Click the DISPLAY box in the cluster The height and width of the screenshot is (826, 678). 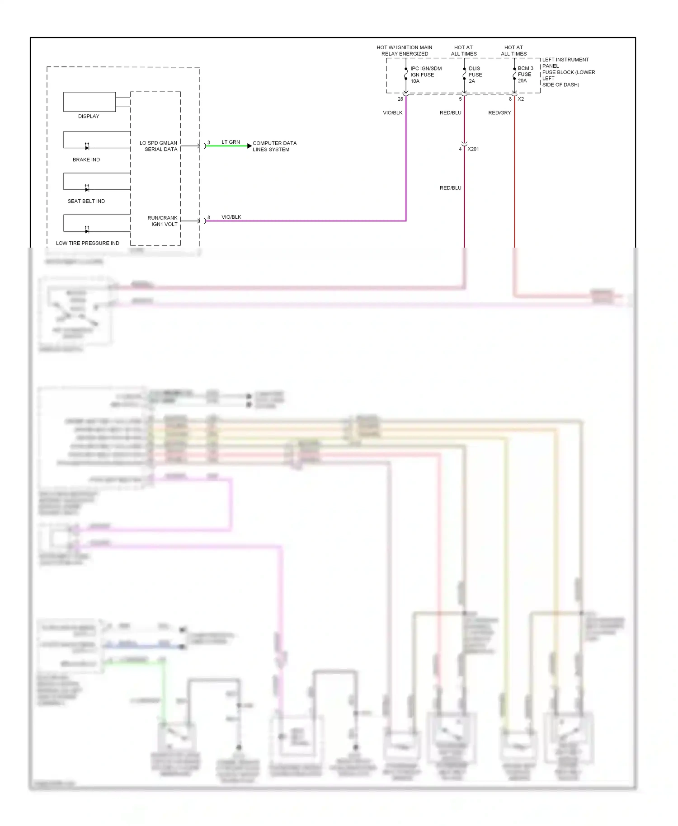[x=89, y=102]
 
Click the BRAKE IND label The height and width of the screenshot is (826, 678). [x=86, y=160]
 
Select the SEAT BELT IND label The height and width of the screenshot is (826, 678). [x=86, y=201]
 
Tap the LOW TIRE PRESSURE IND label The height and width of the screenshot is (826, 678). [x=87, y=243]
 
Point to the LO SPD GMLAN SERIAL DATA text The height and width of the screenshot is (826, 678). [x=159, y=146]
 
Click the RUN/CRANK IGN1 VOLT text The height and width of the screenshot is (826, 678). [x=162, y=221]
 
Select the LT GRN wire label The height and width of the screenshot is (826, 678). [x=231, y=142]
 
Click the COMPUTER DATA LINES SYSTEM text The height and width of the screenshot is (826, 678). [x=274, y=146]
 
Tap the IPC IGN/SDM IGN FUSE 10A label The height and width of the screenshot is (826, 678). [x=425, y=75]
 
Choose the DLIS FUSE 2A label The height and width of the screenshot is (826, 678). [x=475, y=75]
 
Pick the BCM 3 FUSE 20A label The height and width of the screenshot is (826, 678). [x=525, y=75]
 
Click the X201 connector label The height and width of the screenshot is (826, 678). [x=473, y=149]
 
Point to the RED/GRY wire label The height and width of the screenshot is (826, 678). [x=499, y=113]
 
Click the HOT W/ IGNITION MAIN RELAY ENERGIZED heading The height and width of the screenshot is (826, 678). [x=404, y=51]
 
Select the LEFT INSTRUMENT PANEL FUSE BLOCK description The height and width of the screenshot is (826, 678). [x=568, y=72]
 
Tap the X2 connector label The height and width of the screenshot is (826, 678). [x=521, y=99]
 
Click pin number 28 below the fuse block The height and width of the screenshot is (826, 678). [x=400, y=99]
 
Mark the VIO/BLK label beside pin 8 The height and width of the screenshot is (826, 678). [x=231, y=217]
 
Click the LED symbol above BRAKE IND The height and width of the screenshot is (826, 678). [x=87, y=147]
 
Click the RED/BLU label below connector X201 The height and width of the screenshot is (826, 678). [x=450, y=188]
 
